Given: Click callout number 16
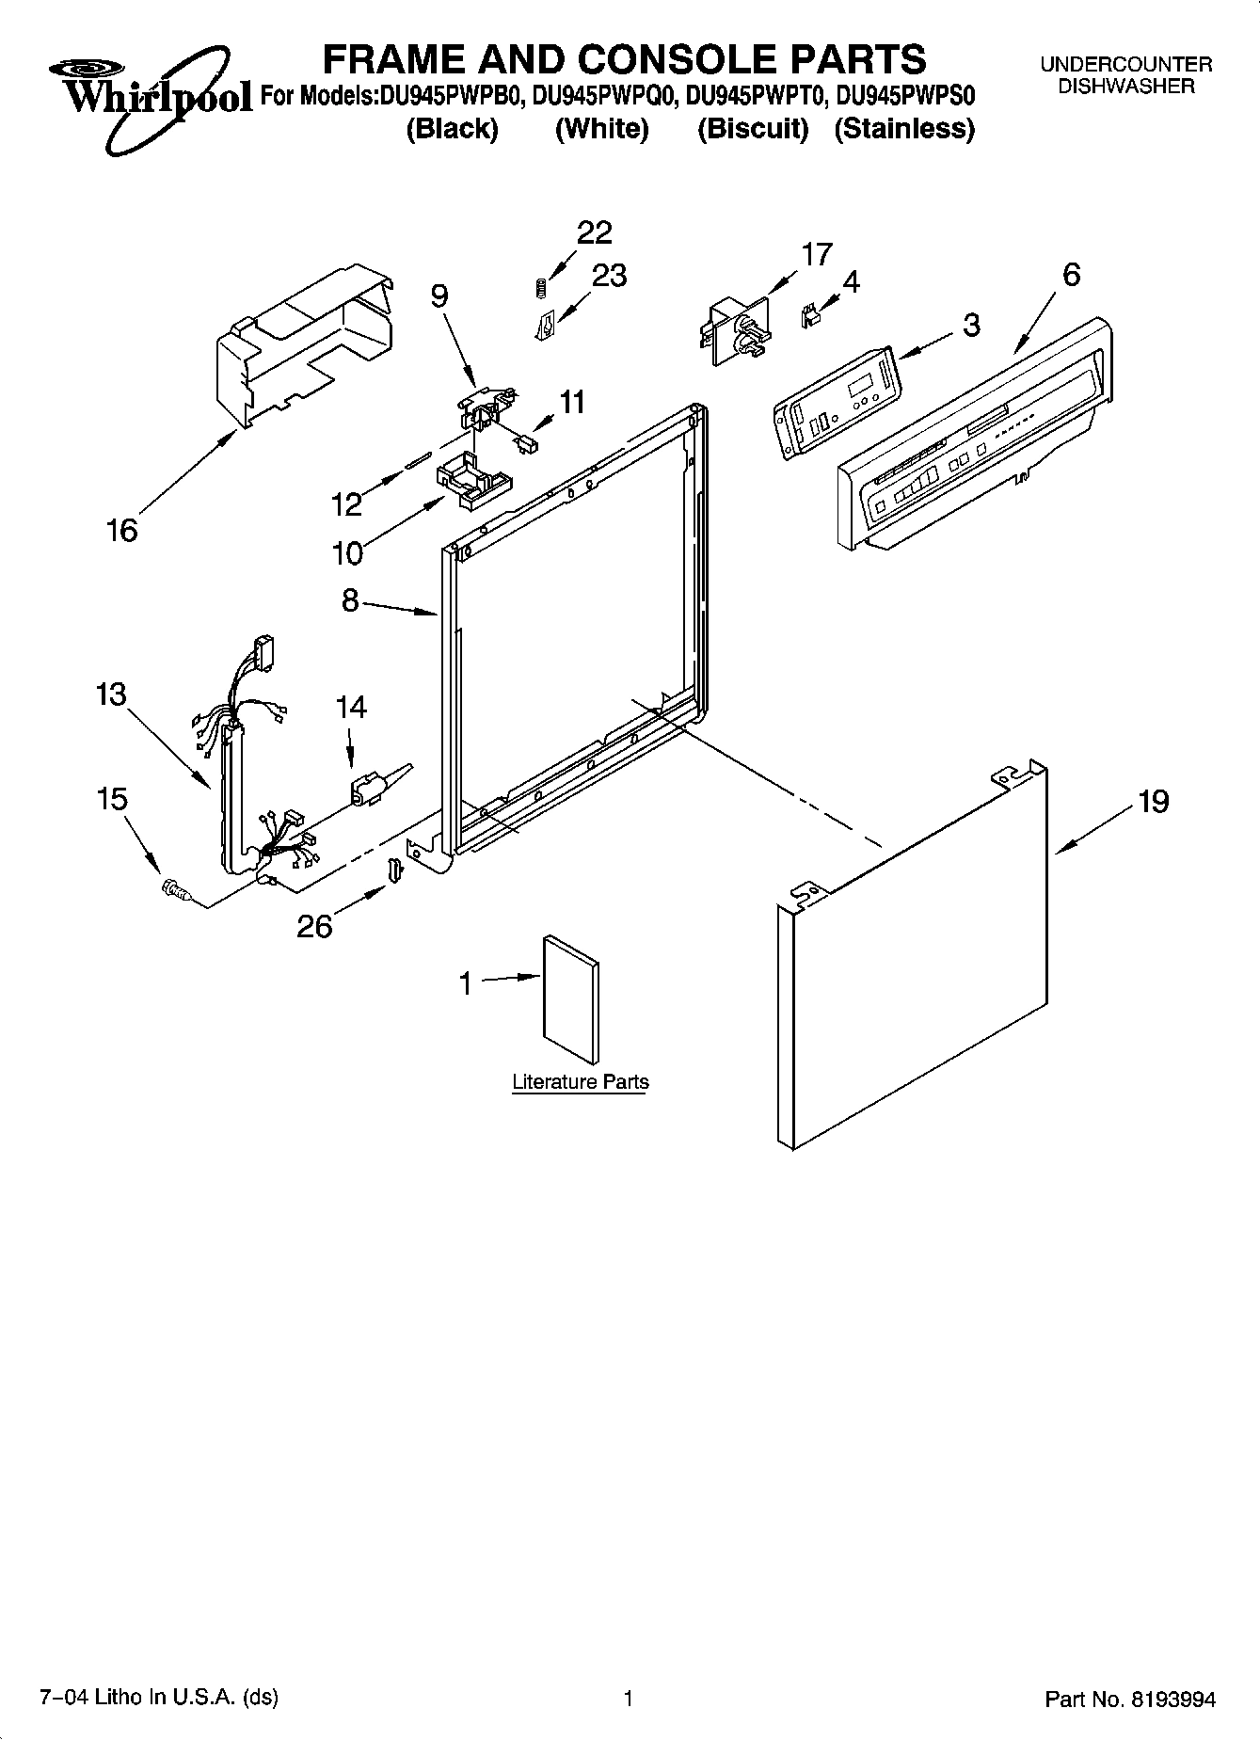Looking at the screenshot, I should [122, 530].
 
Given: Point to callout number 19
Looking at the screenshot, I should [1153, 802].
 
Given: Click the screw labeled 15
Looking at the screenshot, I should [174, 887].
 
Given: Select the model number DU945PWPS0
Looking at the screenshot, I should [905, 96].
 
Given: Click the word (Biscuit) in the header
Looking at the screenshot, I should [753, 129].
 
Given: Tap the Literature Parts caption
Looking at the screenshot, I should [580, 1082].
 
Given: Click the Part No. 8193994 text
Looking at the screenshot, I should [1130, 1700].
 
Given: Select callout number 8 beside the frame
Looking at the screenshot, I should [350, 600].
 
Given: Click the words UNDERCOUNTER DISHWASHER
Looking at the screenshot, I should [1125, 75].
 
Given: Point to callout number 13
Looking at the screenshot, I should [110, 695].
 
